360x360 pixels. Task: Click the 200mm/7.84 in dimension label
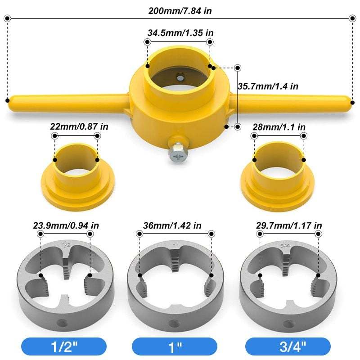pyautogui.click(x=180, y=10)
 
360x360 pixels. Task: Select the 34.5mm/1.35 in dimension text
pyautogui.click(x=179, y=33)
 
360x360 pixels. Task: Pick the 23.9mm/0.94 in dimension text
pyautogui.click(x=65, y=225)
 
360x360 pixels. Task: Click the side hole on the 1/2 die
pyautogui.click(x=63, y=323)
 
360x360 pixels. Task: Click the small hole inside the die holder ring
pyautogui.click(x=180, y=77)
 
